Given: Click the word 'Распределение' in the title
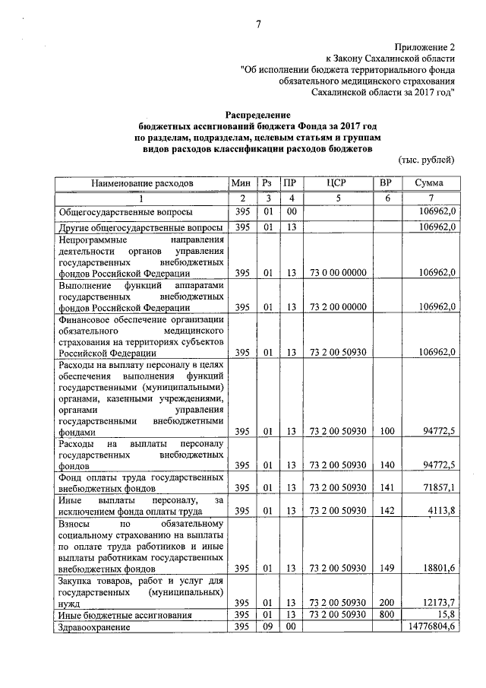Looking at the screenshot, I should coord(257,113).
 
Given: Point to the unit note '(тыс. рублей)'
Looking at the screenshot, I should coord(427,160).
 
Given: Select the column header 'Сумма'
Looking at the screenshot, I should coord(429,183).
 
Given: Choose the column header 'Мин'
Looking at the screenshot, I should coord(241,183).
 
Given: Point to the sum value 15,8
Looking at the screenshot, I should coord(445,614).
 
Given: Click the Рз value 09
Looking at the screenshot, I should coord(267,627).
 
